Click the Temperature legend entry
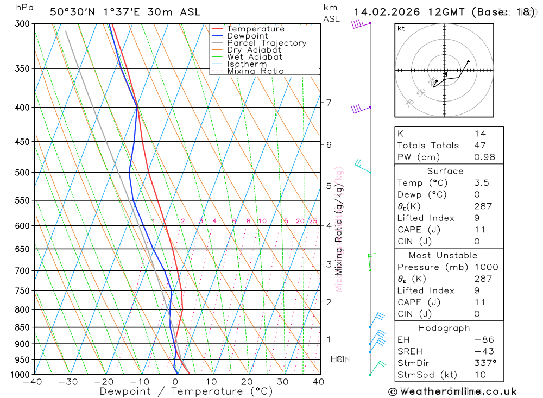[255, 29]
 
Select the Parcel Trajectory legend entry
[266, 43]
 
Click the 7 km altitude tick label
[329, 102]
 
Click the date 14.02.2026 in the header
[383, 12]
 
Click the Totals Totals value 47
[480, 146]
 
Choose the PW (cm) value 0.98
[484, 157]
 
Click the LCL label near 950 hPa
[338, 359]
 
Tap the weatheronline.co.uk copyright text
[452, 391]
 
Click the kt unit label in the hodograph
[401, 28]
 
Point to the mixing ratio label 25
[313, 221]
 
